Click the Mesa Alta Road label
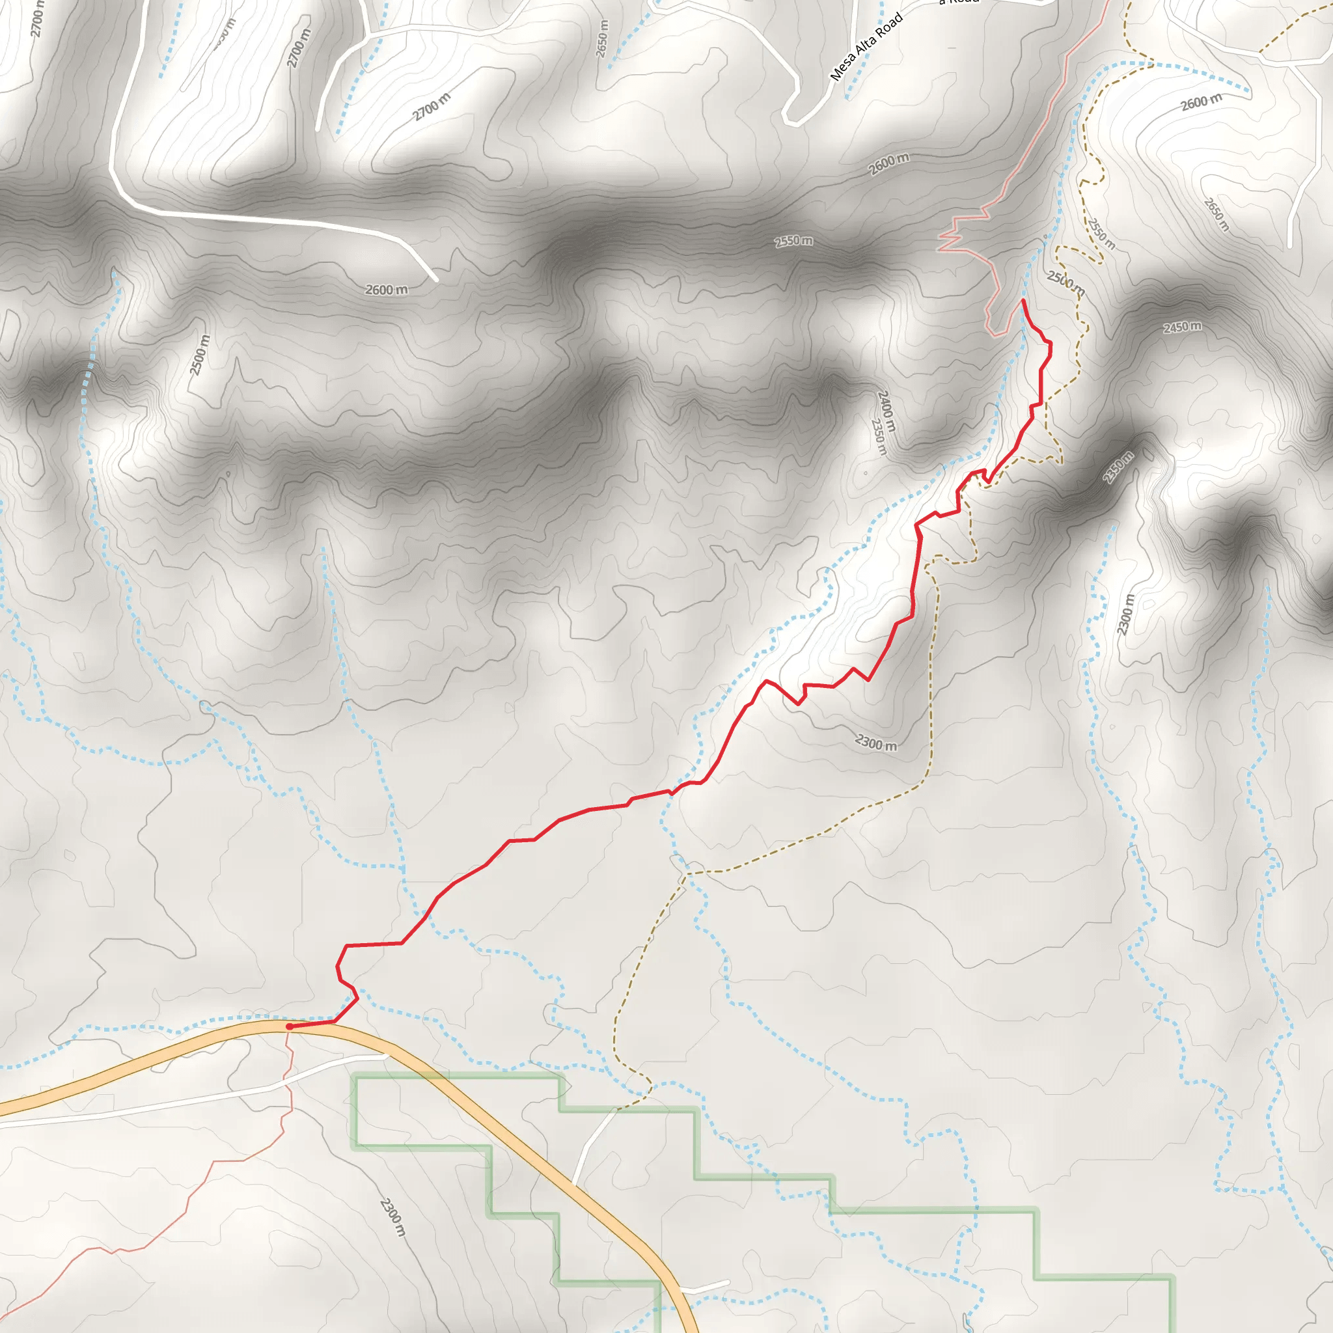pyautogui.click(x=866, y=47)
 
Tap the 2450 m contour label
pyautogui.click(x=1182, y=326)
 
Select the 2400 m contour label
pyautogui.click(x=886, y=411)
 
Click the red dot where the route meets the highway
pyautogui.click(x=289, y=1026)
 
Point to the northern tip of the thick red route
pyautogui.click(x=1022, y=300)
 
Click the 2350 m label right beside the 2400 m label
pyautogui.click(x=878, y=437)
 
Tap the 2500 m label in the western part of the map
pyautogui.click(x=200, y=355)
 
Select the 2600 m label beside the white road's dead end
pyautogui.click(x=387, y=290)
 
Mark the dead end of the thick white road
pyautogui.click(x=436, y=279)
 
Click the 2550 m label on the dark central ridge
pyautogui.click(x=793, y=241)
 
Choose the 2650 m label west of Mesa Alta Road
pyautogui.click(x=602, y=38)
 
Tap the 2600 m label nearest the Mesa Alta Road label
pyautogui.click(x=888, y=164)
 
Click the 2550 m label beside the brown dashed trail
pyautogui.click(x=1101, y=233)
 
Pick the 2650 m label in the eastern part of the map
pyautogui.click(x=1216, y=215)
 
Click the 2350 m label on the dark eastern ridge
pyautogui.click(x=1118, y=467)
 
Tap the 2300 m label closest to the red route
pyautogui.click(x=876, y=743)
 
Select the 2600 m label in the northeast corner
pyautogui.click(x=1202, y=103)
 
